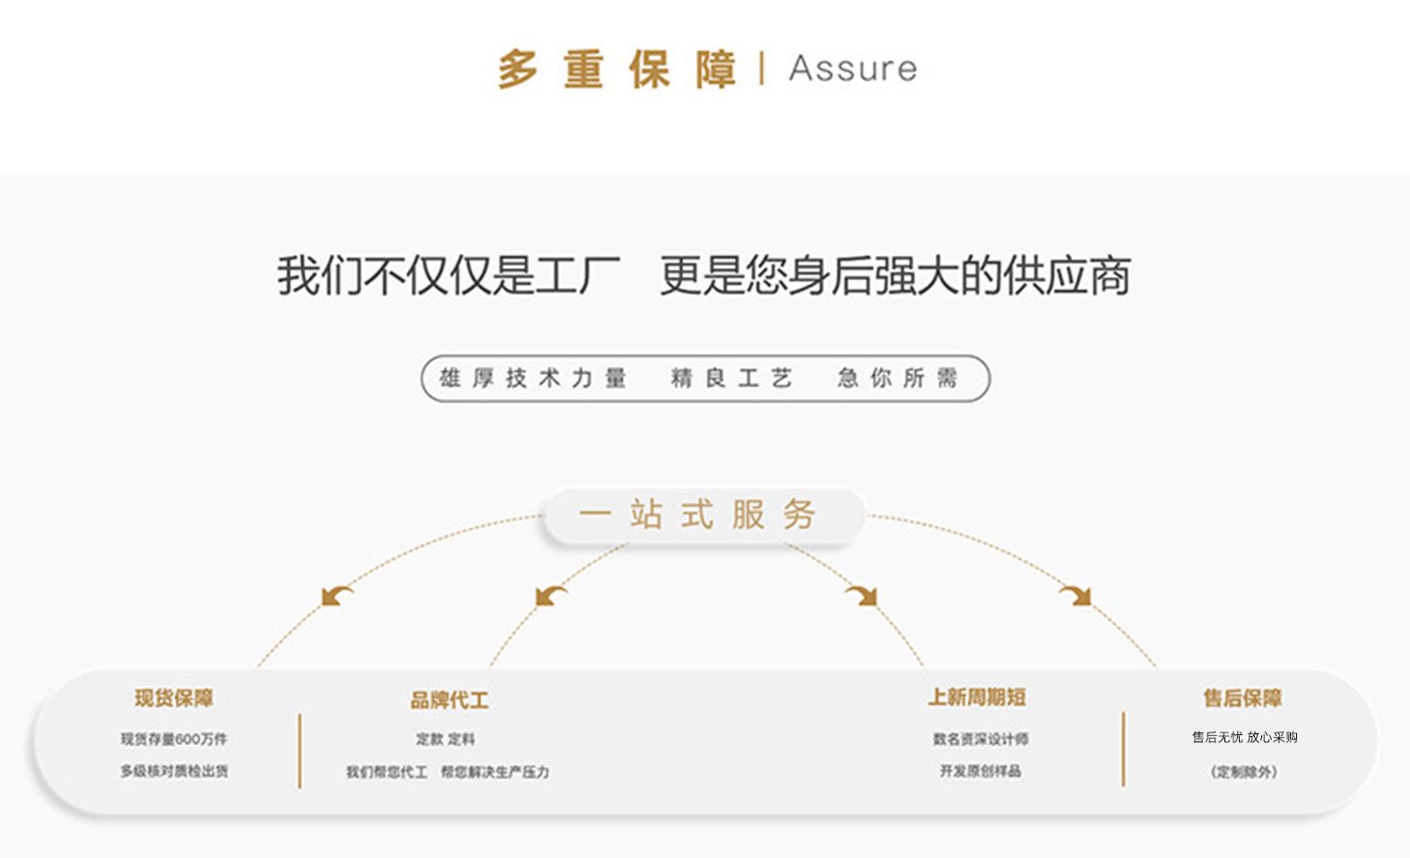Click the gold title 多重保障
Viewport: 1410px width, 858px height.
(617, 69)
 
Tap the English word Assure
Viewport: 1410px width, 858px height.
(852, 69)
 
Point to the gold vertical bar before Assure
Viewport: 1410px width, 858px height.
(762, 68)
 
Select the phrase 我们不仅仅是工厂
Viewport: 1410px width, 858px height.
(448, 275)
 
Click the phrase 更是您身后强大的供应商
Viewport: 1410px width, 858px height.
(895, 275)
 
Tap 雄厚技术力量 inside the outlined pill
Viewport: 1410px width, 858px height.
(532, 378)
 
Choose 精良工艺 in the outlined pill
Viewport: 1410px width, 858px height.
(731, 378)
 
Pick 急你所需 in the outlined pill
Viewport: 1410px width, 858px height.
(897, 378)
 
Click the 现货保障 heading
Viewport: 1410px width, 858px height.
(174, 698)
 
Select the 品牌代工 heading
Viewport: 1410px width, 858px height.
(449, 700)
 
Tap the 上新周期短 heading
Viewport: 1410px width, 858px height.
(977, 698)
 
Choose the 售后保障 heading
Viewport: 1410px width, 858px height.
(1242, 698)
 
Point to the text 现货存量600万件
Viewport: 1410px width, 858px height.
(174, 739)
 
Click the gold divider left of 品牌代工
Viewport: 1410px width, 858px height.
(299, 751)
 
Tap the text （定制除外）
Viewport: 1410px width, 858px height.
(1243, 772)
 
